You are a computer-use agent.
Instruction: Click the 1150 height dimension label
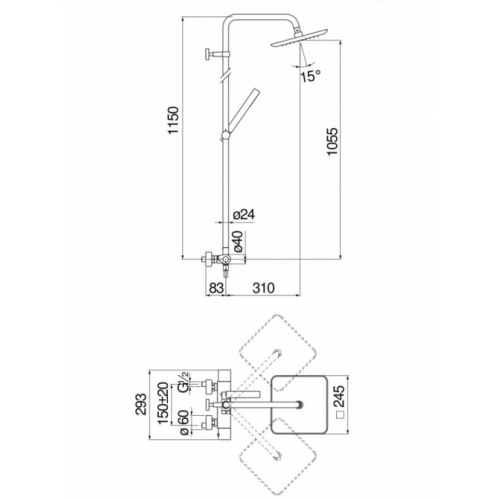pos(174,120)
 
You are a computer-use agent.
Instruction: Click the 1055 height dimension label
pos(333,141)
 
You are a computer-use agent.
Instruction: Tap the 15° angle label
pos(311,76)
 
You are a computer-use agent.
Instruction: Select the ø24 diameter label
pos(244,214)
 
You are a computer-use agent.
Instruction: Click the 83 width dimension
pos(215,288)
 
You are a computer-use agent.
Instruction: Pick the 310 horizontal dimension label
pos(263,288)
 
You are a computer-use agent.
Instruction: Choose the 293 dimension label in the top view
pos(141,404)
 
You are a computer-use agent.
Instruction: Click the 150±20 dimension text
pos(164,403)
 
